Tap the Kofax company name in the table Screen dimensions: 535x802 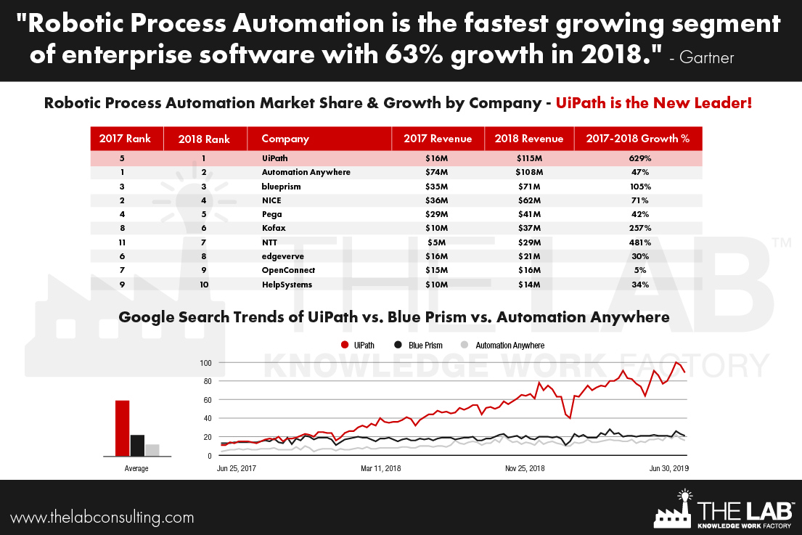[274, 228]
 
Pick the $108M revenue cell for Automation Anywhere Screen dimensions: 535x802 [528, 172]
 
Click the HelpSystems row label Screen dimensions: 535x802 [287, 285]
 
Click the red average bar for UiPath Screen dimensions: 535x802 [122, 428]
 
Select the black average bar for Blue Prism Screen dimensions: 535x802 [137, 445]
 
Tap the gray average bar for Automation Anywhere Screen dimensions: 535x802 [152, 450]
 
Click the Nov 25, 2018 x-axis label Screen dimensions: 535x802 [525, 468]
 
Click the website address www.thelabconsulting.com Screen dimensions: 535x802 [102, 518]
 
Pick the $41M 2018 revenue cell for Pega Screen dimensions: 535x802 [528, 214]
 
